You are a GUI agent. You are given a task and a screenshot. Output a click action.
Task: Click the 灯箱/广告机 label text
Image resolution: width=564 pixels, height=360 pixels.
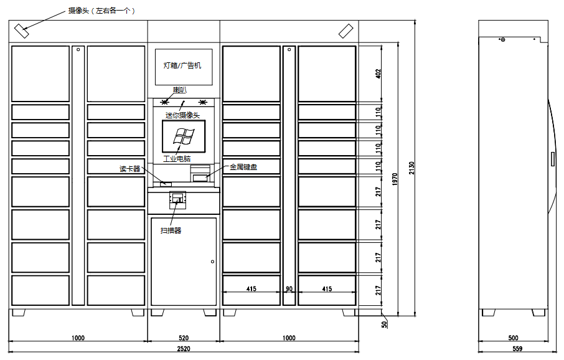point(182,65)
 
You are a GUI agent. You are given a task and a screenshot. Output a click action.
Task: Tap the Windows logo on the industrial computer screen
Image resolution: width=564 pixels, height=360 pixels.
point(184,136)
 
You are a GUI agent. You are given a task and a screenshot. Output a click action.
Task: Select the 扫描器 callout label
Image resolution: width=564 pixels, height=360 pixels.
point(171,230)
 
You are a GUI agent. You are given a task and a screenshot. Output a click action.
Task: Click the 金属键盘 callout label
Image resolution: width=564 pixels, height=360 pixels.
point(243,167)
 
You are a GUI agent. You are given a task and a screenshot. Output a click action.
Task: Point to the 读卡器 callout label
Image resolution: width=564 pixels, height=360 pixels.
point(130,169)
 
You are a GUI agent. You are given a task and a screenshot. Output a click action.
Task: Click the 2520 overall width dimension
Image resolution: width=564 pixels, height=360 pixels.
point(184,349)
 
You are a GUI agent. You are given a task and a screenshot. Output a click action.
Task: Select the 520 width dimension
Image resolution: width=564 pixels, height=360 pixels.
point(184,338)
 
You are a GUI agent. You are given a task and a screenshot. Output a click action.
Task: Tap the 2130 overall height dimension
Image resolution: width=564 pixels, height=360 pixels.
point(412,168)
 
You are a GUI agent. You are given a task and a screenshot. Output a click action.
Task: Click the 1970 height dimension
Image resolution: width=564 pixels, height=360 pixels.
point(395,179)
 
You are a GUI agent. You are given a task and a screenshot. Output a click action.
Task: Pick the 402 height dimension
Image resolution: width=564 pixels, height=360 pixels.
point(378,73)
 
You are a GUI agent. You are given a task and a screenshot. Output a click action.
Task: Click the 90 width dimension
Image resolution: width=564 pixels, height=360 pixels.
point(289,289)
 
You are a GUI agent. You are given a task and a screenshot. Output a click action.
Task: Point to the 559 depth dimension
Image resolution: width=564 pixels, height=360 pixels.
point(517,349)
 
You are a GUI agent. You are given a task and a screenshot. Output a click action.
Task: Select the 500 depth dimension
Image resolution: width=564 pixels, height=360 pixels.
point(514,338)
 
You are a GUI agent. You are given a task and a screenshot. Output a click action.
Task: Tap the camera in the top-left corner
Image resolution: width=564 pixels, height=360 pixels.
point(22,31)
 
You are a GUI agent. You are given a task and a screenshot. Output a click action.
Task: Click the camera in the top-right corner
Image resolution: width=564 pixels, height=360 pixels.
point(346,31)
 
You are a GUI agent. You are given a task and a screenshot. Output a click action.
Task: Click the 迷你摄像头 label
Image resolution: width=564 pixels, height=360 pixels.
point(183,115)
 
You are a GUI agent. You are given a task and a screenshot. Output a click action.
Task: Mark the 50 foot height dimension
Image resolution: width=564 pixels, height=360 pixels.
point(385,324)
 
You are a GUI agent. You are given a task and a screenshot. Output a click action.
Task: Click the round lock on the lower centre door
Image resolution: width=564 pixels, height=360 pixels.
point(212,262)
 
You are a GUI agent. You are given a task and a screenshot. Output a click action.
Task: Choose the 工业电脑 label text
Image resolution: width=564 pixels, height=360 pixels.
point(177,159)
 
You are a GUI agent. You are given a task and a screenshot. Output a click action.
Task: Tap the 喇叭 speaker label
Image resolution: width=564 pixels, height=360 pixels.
point(180,90)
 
